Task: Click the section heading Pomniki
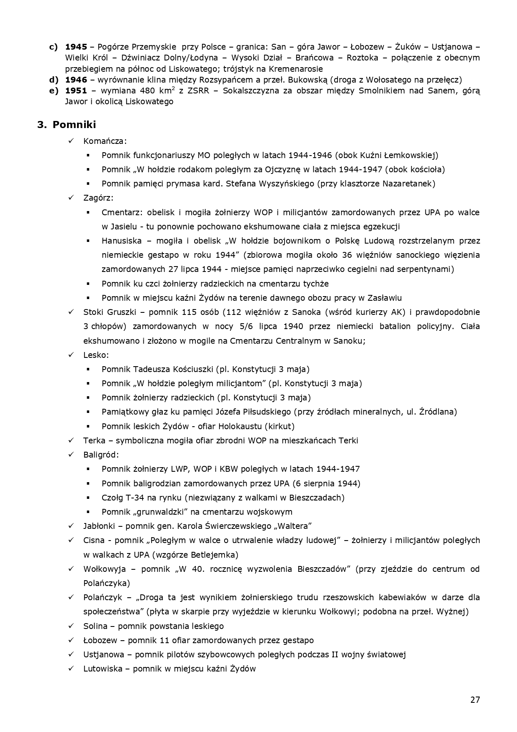pyautogui.click(x=74, y=125)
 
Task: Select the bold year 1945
pyautogui.click(x=76, y=47)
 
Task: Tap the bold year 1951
pyautogui.click(x=76, y=91)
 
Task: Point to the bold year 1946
pyautogui.click(x=76, y=80)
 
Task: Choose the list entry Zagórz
pyautogui.click(x=97, y=198)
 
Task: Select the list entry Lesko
pyautogui.click(x=95, y=355)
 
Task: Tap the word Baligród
pyautogui.click(x=100, y=455)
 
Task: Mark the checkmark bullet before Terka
pyautogui.click(x=71, y=440)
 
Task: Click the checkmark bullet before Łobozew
pyautogui.click(x=71, y=640)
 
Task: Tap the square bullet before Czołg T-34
pyautogui.click(x=88, y=498)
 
